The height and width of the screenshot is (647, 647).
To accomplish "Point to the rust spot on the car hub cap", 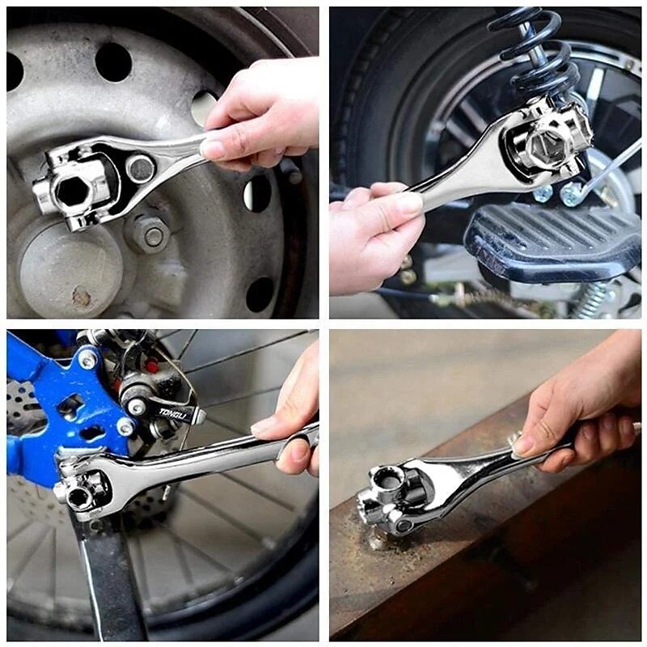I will (82, 297).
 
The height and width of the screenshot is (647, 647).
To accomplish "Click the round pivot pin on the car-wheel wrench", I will (141, 168).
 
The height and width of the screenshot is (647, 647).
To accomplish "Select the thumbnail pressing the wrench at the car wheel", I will (214, 149).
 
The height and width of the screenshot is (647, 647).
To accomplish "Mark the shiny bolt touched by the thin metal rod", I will (573, 194).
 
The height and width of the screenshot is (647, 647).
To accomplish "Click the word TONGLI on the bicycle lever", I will (171, 412).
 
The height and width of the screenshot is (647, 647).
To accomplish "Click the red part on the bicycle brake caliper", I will (151, 366).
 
